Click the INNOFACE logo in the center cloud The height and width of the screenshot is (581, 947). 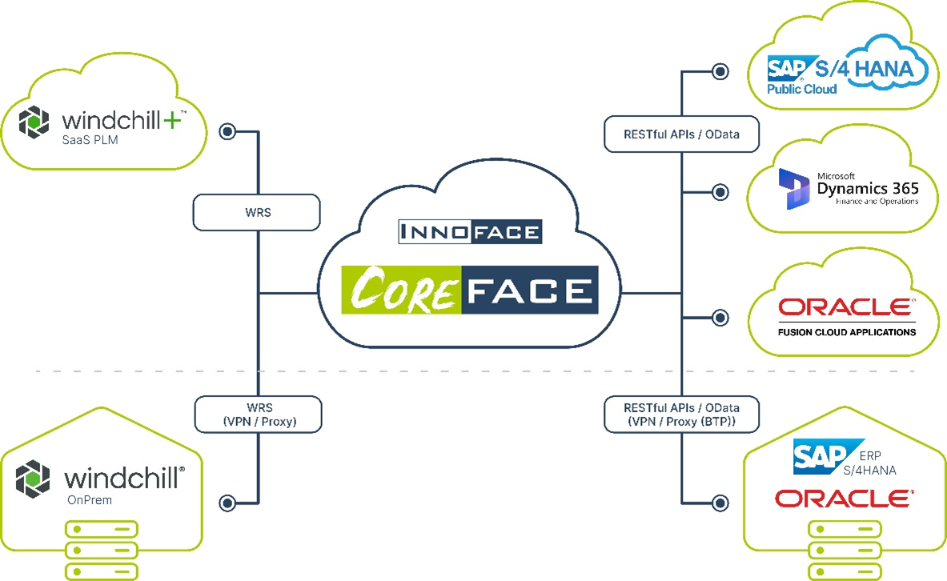pos(470,233)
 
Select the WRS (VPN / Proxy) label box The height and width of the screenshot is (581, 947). pos(258,415)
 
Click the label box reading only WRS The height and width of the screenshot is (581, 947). pos(257,214)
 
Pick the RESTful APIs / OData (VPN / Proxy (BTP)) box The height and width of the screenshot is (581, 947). pos(681,415)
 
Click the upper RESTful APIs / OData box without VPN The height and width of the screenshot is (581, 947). pos(681,134)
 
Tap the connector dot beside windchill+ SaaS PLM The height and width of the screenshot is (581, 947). pos(228,131)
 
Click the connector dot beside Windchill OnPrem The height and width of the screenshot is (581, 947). pos(228,503)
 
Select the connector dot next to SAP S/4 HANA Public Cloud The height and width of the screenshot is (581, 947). pos(720,72)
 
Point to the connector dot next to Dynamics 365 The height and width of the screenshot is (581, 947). pos(720,192)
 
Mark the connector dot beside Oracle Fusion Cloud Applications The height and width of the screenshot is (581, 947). pos(720,318)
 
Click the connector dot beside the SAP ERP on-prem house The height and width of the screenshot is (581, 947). pos(720,503)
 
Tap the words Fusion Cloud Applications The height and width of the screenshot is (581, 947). pos(847,331)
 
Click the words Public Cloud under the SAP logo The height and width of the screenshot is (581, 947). pos(801,89)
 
